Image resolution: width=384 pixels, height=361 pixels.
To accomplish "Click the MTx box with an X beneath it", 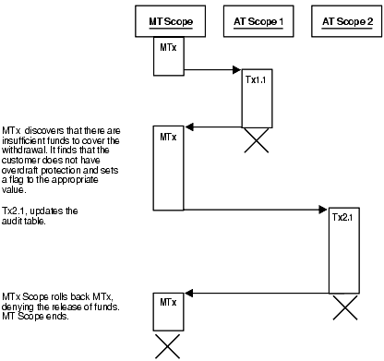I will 166,312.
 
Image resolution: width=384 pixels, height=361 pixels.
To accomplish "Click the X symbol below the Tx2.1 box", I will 343,305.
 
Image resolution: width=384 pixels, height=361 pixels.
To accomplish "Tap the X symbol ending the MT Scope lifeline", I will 166,345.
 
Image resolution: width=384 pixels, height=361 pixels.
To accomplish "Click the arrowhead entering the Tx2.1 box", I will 325,211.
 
